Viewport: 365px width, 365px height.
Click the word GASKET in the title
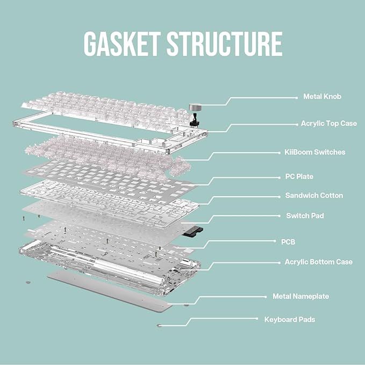point(122,44)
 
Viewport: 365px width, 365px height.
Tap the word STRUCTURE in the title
point(225,44)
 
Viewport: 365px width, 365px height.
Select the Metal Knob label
point(322,96)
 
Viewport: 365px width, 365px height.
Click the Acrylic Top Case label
point(328,124)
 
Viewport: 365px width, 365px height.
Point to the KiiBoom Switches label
point(314,152)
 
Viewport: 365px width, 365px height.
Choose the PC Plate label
point(299,176)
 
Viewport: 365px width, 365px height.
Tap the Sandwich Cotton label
point(314,195)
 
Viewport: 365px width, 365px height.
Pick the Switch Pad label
point(305,216)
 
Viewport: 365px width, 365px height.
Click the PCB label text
point(288,242)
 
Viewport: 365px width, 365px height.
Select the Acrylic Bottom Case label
point(318,262)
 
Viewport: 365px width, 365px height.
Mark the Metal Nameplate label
point(300,296)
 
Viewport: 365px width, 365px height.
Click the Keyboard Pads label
point(290,320)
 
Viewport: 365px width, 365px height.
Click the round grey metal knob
point(195,107)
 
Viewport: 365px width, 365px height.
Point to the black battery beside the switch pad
point(192,232)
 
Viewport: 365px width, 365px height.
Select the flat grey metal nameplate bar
point(110,290)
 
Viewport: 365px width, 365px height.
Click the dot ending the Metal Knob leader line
point(296,98)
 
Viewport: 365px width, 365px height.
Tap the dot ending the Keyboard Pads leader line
point(257,318)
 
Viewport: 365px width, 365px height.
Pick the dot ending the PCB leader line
point(275,241)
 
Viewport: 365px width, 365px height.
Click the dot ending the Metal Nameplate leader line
point(266,297)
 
